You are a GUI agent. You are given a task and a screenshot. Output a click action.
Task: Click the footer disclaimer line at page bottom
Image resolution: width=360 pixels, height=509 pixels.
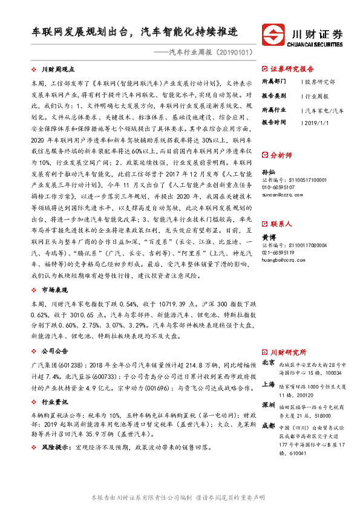tap(179, 497)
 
